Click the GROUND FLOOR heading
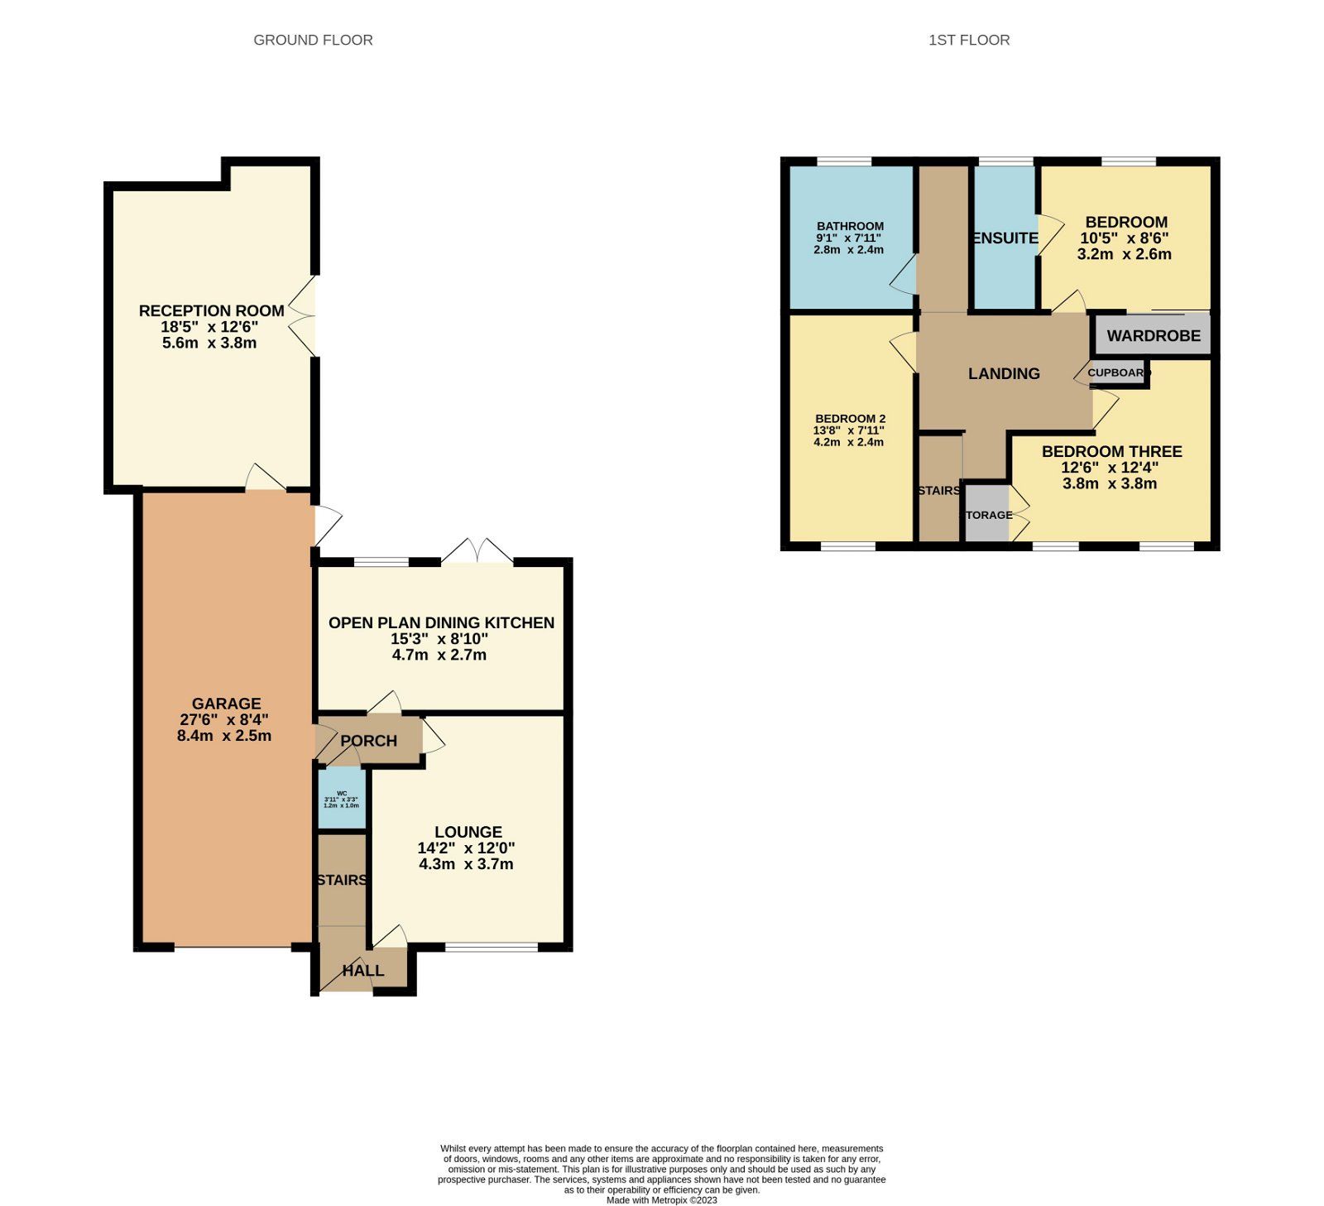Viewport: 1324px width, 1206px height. [313, 40]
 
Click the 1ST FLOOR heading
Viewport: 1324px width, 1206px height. [968, 40]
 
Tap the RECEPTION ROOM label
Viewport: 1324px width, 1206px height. [211, 310]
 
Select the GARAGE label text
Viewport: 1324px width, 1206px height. [226, 704]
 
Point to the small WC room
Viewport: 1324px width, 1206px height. [342, 799]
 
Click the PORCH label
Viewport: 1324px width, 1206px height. [368, 741]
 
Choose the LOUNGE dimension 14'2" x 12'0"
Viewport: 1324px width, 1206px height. [466, 848]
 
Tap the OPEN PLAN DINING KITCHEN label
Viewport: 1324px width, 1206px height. [441, 622]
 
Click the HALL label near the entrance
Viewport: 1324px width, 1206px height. [362, 970]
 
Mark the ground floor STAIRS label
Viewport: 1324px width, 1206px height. [342, 880]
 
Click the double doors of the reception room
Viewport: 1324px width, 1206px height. [303, 316]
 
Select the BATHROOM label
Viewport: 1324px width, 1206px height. [850, 226]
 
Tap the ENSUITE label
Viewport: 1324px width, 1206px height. [1005, 238]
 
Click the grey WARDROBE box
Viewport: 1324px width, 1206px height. [1153, 335]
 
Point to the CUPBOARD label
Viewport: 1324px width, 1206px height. [1118, 372]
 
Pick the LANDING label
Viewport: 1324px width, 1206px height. [1004, 373]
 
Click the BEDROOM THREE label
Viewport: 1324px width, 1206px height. [1111, 451]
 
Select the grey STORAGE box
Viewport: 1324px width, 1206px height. [987, 515]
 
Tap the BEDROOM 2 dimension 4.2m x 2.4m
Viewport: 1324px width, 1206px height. [848, 442]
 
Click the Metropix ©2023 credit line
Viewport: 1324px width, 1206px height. [661, 1200]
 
